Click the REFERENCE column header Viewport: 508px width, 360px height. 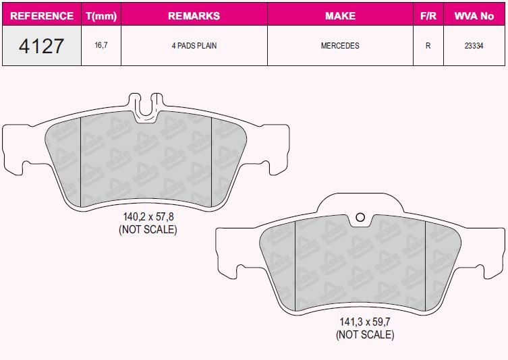pyautogui.click(x=42, y=16)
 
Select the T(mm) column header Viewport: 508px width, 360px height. pyautogui.click(x=101, y=16)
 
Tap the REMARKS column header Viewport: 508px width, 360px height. pyautogui.click(x=194, y=16)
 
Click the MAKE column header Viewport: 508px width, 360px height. pyautogui.click(x=340, y=16)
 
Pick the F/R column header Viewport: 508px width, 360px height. pyautogui.click(x=428, y=16)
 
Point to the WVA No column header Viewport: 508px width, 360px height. pyautogui.click(x=474, y=16)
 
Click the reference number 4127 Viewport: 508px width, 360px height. pyautogui.click(x=42, y=46)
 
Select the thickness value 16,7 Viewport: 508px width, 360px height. pyautogui.click(x=101, y=46)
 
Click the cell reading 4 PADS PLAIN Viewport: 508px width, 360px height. pyautogui.click(x=194, y=46)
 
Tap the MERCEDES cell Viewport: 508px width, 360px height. pyautogui.click(x=340, y=46)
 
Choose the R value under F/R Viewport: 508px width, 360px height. pyautogui.click(x=428, y=46)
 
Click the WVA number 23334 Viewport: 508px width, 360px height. pyautogui.click(x=474, y=46)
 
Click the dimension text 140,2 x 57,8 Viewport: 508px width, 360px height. pyautogui.click(x=148, y=218)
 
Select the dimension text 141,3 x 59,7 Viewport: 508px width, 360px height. pyautogui.click(x=365, y=323)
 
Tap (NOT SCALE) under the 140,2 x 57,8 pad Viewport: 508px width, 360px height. pyautogui.click(x=148, y=229)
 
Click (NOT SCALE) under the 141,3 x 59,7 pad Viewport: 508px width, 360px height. pyautogui.click(x=365, y=334)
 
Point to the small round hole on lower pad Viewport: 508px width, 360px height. pyautogui.click(x=360, y=217)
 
